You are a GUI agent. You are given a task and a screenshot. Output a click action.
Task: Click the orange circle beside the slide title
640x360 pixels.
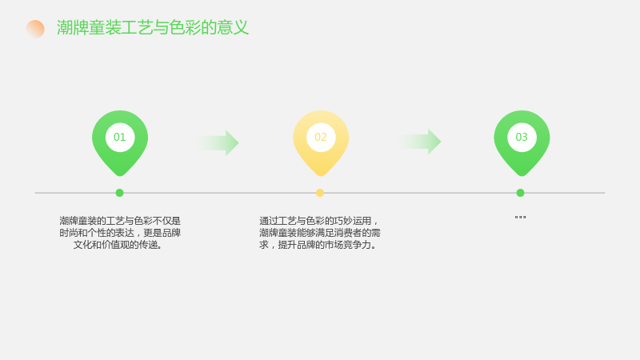[35, 29]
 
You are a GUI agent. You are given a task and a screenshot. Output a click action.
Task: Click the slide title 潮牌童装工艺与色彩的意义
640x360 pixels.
[153, 28]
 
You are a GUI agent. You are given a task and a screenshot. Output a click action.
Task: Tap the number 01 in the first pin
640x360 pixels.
[119, 137]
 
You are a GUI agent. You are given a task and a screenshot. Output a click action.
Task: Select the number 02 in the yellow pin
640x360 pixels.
[321, 137]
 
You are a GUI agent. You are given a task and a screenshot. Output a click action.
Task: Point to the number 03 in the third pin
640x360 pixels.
[522, 137]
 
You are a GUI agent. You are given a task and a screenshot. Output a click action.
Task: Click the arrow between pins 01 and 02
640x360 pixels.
[218, 143]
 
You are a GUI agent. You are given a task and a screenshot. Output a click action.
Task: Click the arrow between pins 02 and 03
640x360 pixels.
[420, 142]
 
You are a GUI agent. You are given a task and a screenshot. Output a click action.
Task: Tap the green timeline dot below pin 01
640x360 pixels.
[119, 193]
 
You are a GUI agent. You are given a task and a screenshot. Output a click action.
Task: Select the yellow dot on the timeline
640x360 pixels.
[320, 193]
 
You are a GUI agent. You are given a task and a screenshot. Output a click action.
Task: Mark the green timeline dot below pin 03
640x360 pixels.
[520, 193]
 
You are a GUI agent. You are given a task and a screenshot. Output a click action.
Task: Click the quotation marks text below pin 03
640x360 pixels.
[521, 218]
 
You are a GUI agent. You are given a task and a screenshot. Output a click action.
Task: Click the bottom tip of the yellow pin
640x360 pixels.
[321, 176]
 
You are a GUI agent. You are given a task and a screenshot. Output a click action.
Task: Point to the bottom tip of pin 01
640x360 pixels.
[120, 176]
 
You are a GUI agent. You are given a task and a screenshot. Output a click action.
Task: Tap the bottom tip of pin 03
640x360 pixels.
[522, 176]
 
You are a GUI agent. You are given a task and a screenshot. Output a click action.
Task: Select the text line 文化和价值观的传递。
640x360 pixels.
[118, 245]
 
